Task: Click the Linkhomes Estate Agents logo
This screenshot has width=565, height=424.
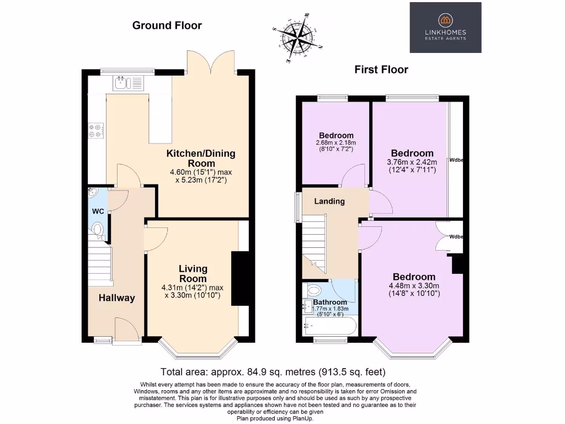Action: (445, 27)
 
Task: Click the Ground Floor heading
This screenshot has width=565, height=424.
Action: (167, 25)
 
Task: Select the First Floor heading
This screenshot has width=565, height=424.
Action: (381, 70)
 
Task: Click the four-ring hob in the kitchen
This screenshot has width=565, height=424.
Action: (94, 130)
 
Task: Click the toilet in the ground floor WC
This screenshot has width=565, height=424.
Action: (98, 230)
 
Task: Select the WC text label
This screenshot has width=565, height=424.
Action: (98, 211)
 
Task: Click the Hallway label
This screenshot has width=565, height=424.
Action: (116, 298)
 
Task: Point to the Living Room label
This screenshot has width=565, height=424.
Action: (193, 273)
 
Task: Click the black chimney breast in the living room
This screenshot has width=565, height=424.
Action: (239, 278)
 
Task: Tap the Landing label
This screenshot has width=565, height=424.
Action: (329, 202)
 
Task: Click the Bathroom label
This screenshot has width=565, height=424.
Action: (330, 302)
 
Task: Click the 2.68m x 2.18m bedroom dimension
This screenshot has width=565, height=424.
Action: (336, 143)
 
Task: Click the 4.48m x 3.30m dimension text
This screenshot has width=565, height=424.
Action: (414, 286)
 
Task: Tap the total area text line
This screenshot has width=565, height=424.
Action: (273, 372)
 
